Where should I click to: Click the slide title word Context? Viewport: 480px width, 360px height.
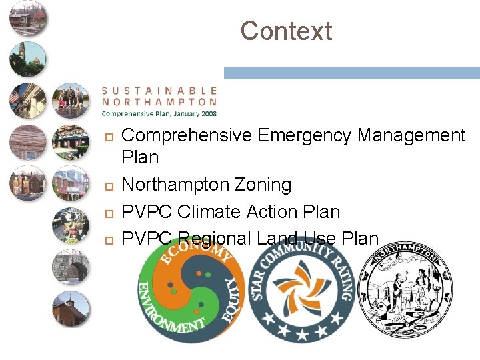[x=286, y=31]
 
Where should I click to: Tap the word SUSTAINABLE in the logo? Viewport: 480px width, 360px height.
[x=159, y=91]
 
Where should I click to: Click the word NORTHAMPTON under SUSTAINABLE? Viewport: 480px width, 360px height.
[x=159, y=103]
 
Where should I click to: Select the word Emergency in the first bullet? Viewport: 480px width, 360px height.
[x=305, y=135]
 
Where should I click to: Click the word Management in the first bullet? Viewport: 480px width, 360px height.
[x=411, y=135]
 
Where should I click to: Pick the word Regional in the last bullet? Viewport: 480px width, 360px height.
[x=213, y=239]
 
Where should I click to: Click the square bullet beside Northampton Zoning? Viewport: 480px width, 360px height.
[x=111, y=185]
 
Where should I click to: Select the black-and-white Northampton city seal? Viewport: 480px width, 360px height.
[x=406, y=289]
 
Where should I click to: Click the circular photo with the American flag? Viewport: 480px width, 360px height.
[x=27, y=100]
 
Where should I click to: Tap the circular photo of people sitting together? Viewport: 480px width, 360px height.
[x=71, y=100]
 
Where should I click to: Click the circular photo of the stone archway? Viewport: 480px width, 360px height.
[x=71, y=267]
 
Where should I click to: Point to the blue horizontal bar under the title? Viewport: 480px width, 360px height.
[x=351, y=73]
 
